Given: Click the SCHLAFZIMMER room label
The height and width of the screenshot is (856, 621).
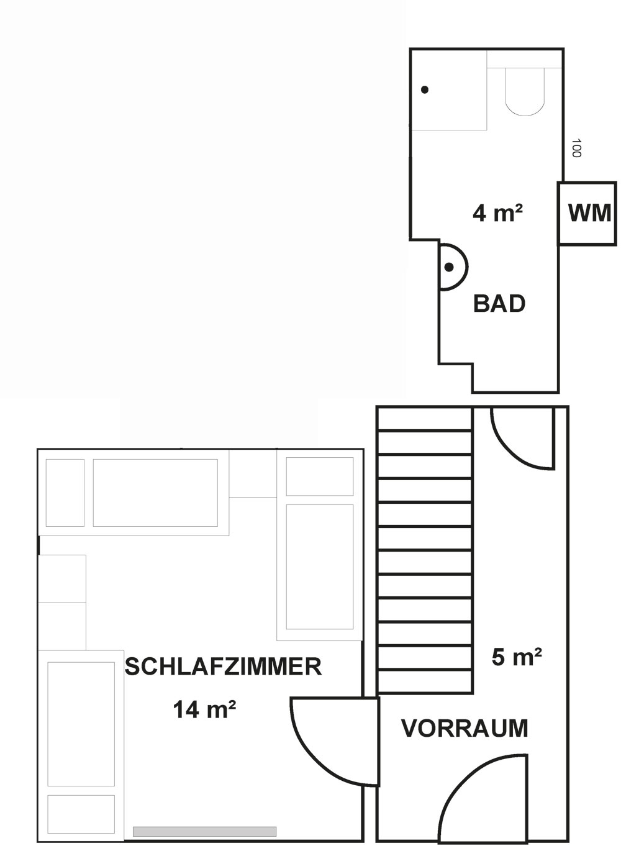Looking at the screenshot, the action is pos(223,667).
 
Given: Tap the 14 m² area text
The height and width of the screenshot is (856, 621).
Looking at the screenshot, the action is pos(204,709).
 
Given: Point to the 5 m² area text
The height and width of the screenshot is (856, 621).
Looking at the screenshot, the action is pos(517,657).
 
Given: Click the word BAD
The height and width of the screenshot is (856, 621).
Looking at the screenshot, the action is pos(499,304).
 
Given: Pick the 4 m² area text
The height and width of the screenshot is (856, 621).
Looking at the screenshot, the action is pos(497,212).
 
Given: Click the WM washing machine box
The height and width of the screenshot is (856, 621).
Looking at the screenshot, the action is pos(587,213).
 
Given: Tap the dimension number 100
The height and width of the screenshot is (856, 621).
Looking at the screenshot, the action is pos(576,148).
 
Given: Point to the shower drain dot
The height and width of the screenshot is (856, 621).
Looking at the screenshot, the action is pos(425,90).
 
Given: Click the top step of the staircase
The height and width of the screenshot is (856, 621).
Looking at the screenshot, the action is pos(425,419).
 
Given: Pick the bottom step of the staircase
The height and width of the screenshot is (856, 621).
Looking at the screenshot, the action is pos(425,681).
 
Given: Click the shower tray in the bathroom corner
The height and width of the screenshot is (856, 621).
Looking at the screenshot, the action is pos(448,90).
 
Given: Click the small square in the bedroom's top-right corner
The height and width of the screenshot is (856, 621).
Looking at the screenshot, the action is pos(320,476).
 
